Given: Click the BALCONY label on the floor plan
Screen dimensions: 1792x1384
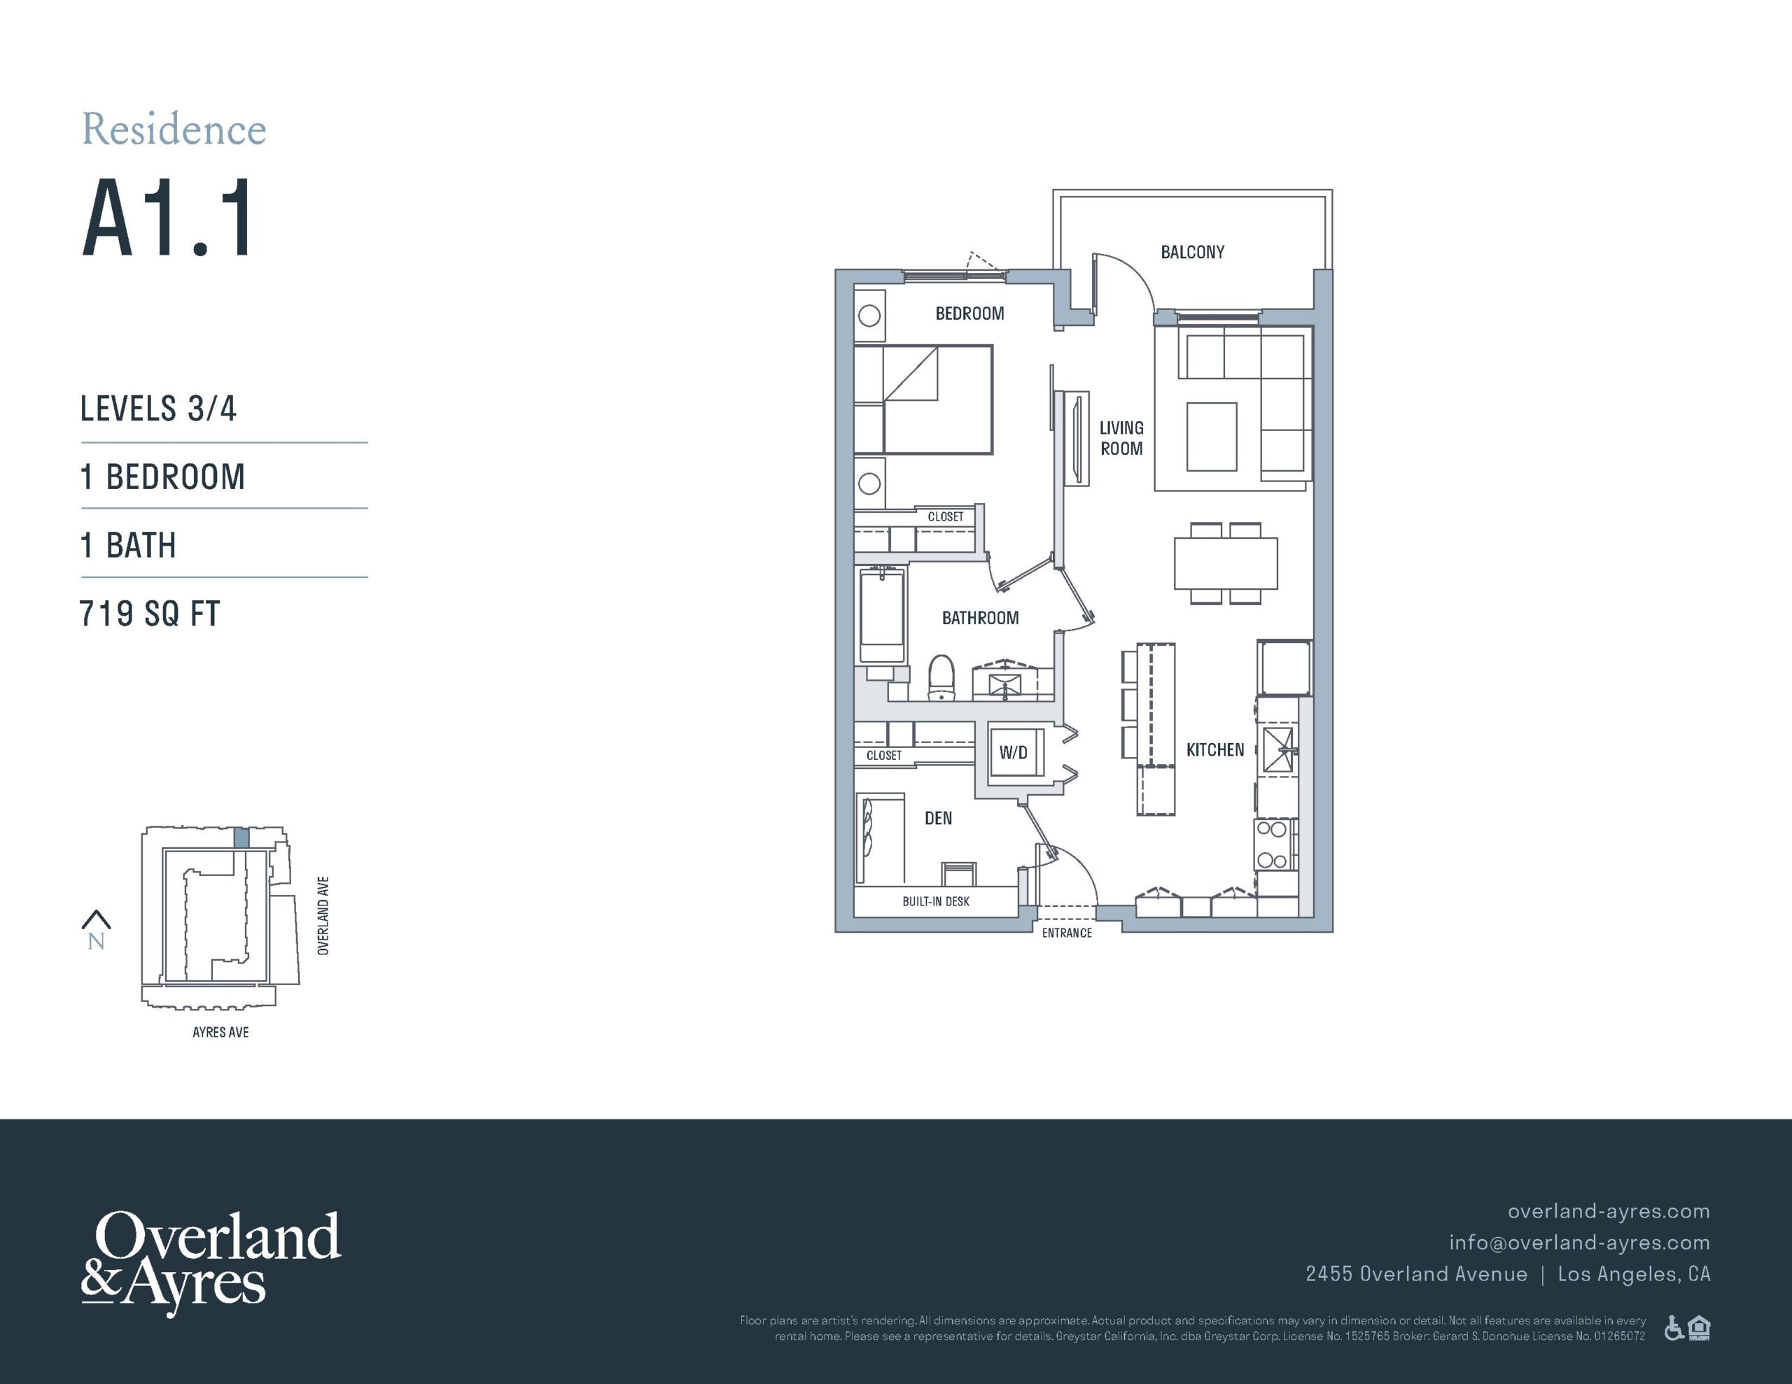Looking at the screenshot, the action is [1192, 252].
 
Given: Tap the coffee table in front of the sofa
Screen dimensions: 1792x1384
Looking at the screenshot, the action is [1212, 437].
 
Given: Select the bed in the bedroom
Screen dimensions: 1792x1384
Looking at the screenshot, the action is [923, 400].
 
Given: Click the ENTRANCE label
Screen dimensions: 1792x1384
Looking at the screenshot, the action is [1067, 933].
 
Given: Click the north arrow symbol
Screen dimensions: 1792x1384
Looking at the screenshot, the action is [97, 919].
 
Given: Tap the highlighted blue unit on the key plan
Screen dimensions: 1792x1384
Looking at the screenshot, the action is [241, 838].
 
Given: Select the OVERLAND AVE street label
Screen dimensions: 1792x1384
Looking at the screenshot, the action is [323, 916].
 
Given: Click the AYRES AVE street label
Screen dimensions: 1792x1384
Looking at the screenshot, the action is [220, 1032].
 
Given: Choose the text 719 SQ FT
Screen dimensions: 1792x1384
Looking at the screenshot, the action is [150, 614].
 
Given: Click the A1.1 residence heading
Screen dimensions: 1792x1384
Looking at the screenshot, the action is [168, 219].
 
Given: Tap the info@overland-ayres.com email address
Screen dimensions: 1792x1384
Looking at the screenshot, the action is [1579, 1243].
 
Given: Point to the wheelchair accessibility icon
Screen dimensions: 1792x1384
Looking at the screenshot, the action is [1673, 1327].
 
